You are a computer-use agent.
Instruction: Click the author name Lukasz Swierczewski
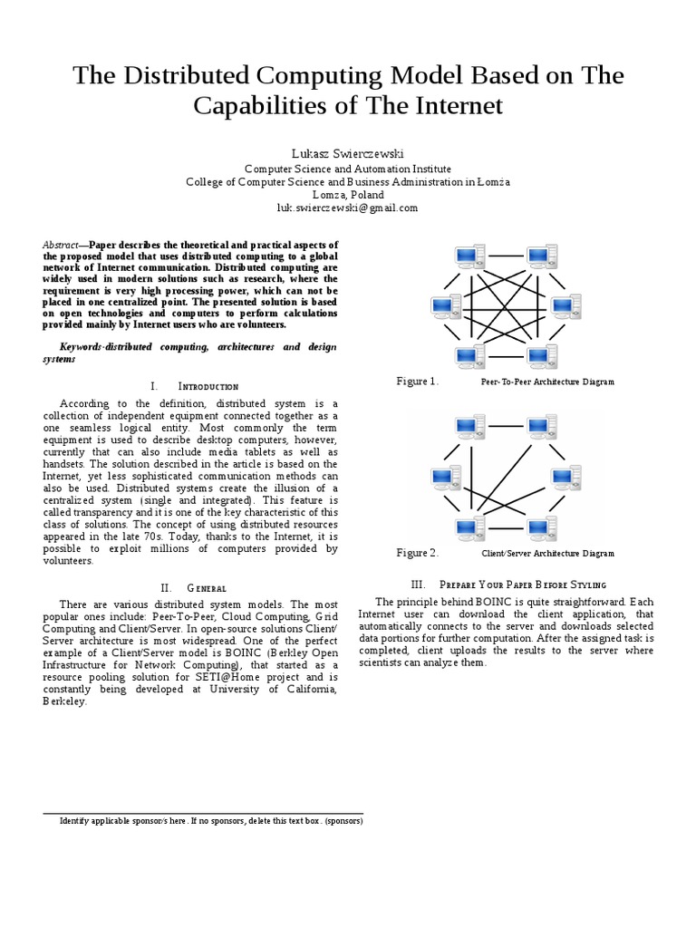pos(348,153)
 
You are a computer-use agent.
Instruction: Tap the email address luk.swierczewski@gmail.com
pos(348,208)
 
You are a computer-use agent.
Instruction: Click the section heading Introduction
pos(208,386)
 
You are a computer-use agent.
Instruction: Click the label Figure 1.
pos(418,382)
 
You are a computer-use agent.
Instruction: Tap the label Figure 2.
pos(418,553)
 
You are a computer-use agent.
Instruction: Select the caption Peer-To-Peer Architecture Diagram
pos(547,382)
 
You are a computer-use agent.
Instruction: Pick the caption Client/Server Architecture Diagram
pos(547,554)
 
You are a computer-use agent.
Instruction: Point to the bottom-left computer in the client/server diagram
pos(470,527)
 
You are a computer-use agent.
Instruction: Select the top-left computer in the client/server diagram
pos(470,427)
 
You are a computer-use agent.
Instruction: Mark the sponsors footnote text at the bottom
pos(211,822)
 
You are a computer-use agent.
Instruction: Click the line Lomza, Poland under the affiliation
pos(348,195)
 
